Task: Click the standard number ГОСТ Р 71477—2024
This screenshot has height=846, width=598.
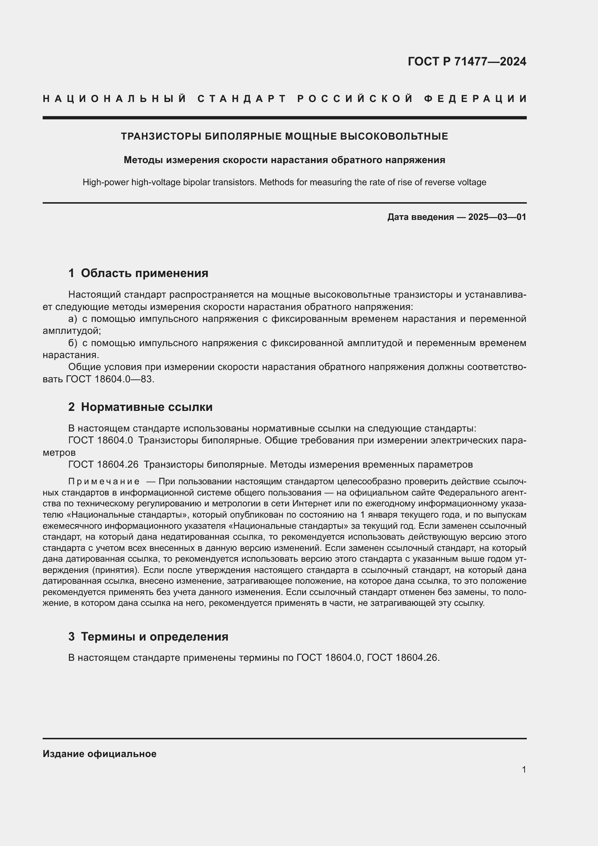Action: pos(466,61)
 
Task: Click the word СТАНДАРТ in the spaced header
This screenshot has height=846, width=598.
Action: pos(242,99)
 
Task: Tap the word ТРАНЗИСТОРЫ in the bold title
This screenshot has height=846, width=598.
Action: pos(161,137)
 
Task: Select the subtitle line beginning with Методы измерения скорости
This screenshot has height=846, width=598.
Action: pos(284,160)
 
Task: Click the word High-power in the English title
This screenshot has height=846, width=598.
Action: pos(106,182)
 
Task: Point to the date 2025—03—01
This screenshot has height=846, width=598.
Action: pos(497,217)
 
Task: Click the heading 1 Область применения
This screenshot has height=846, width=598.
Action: pos(138,273)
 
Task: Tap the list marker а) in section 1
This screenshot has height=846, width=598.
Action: pos(73,319)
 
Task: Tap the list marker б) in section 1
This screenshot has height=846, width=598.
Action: pos(73,343)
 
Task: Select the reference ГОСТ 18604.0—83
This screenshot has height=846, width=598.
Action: pos(109,379)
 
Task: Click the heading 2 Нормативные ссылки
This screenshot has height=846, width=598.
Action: pos(140,407)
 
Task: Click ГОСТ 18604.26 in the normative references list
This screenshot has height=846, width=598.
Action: pos(103,465)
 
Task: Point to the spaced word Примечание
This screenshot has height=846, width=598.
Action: pos(104,482)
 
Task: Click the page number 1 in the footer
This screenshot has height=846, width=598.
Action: pos(524,769)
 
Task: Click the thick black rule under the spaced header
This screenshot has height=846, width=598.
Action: pos(284,118)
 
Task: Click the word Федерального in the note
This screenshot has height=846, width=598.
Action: pos(464,493)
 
